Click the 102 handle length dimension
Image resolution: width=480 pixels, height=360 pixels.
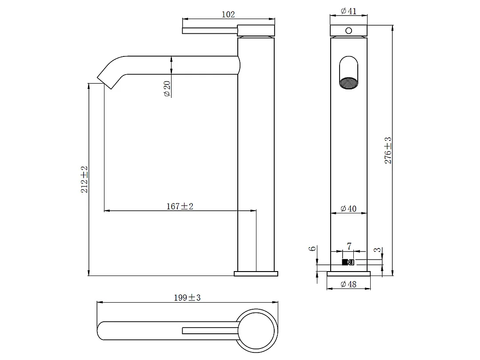(228, 14)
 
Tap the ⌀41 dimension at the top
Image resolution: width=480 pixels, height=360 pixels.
(349, 11)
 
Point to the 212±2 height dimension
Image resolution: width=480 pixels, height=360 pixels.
(84, 179)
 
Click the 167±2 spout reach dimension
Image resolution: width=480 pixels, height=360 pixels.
(180, 206)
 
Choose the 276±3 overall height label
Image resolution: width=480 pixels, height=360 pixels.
(388, 151)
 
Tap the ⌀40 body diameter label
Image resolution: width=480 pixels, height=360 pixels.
(348, 208)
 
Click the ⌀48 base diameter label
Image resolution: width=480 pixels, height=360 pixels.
(349, 284)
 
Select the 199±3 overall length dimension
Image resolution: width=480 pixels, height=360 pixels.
(187, 298)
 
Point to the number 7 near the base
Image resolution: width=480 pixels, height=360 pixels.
(349, 246)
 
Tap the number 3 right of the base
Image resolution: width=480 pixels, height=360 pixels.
(377, 250)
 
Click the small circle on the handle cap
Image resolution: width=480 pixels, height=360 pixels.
(349, 31)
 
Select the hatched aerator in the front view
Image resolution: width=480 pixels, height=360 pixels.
(348, 83)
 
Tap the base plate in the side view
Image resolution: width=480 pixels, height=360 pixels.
(256, 273)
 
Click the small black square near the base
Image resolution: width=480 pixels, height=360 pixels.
(345, 262)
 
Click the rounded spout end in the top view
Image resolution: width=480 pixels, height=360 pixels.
(102, 330)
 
